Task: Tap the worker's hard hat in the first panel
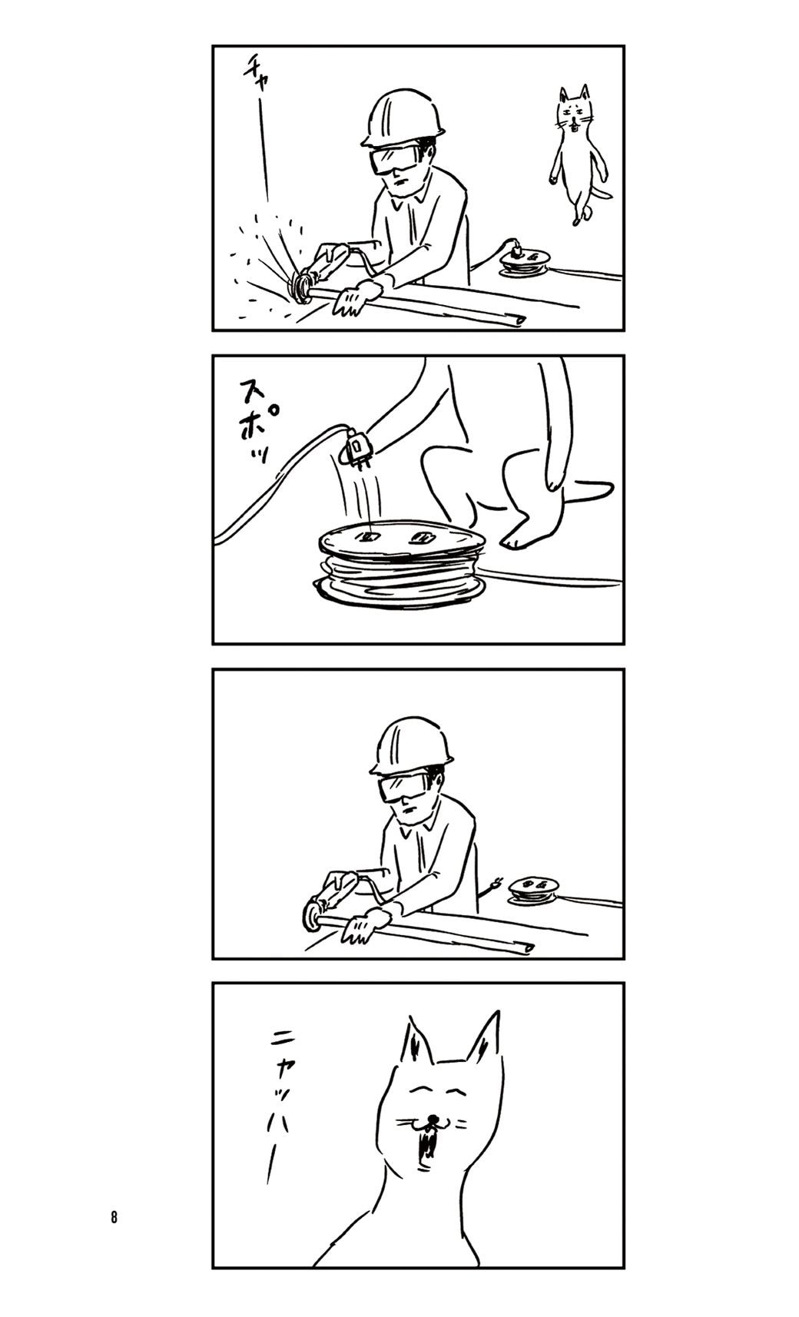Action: click(403, 118)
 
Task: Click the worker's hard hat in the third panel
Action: click(412, 745)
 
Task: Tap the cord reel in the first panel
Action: click(525, 262)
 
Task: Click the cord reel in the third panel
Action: click(533, 891)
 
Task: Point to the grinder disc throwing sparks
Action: click(301, 287)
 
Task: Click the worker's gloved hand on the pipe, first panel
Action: click(354, 297)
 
